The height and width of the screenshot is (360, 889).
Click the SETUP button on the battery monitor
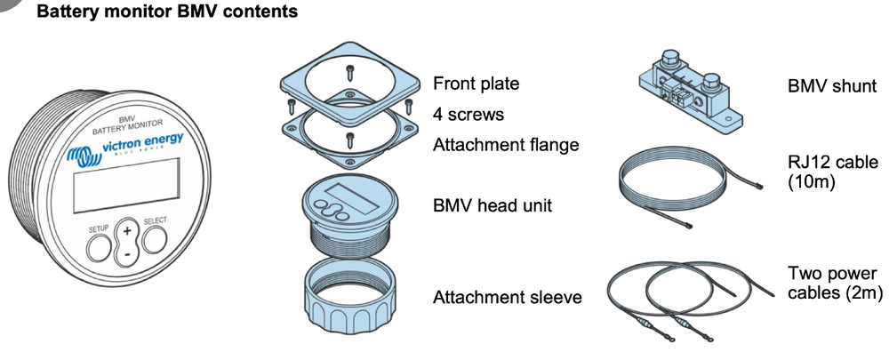[99, 244]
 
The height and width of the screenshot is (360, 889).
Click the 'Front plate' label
[476, 84]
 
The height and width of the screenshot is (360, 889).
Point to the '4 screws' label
[469, 115]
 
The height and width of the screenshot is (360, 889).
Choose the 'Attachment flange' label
[506, 145]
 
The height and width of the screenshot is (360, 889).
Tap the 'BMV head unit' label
[493, 206]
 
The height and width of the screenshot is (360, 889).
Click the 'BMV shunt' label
[832, 86]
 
